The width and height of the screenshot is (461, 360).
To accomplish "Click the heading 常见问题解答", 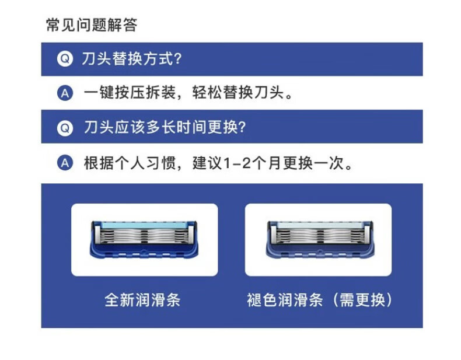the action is point(92,25).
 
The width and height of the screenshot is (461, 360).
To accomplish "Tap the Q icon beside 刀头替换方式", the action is point(65,59).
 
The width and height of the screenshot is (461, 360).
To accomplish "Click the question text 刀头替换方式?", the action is point(132,59).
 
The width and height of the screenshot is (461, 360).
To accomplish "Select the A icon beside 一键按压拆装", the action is point(65,93).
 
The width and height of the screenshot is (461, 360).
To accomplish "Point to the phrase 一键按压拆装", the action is point(130,93).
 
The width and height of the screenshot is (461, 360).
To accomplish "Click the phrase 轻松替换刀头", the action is point(239,93).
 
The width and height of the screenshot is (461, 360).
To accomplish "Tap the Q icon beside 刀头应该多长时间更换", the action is point(65,128).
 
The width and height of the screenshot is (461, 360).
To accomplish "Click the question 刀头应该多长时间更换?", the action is point(165,128).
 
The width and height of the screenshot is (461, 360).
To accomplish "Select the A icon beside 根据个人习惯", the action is point(65,163).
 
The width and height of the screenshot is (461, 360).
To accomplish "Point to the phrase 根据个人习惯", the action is point(130,163).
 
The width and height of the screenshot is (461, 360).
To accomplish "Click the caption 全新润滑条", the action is point(142,300).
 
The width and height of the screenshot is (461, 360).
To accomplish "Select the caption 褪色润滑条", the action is point(285,300).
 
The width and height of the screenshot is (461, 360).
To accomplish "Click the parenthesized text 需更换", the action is point(362,300).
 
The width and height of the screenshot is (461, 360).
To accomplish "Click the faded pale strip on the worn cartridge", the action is point(320,226).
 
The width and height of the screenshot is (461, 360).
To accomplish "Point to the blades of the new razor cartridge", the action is point(144,236).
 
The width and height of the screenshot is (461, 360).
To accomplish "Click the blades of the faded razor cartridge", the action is point(320,236).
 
